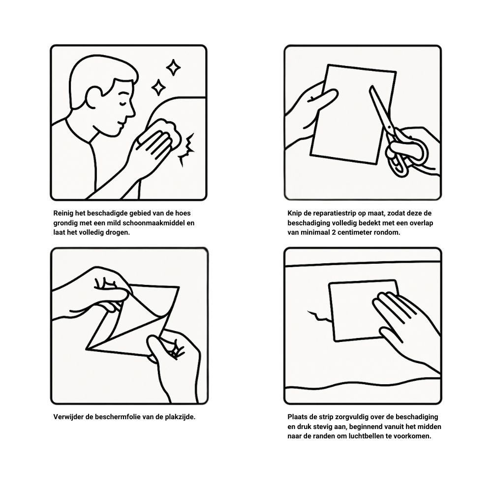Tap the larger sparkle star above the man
tap(173, 67)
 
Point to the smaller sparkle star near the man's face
tap(158, 87)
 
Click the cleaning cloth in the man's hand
tap(165, 132)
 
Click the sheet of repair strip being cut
tap(353, 115)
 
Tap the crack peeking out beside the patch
tap(319, 316)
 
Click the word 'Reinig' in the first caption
tap(63, 214)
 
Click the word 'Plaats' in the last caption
tap(298, 417)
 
